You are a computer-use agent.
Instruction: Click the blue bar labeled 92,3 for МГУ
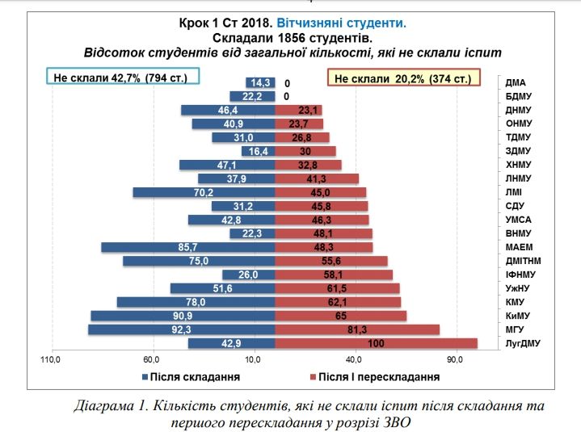click(182, 329)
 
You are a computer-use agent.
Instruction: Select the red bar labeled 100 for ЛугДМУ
click(376, 343)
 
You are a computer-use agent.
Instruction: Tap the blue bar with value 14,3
click(260, 82)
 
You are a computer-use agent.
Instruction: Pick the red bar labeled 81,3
click(357, 329)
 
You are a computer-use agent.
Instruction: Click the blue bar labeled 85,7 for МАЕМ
click(188, 247)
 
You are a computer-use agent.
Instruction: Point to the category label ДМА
click(517, 82)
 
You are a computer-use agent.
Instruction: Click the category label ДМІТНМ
click(523, 261)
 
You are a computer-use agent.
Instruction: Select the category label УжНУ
click(518, 288)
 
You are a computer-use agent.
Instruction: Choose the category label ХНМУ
click(518, 165)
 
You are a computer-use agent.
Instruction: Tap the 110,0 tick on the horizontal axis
click(52, 359)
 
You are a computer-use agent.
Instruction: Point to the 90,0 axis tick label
click(455, 359)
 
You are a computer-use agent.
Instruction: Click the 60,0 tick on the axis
click(151, 359)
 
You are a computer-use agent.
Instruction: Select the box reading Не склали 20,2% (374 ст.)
click(403, 78)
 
